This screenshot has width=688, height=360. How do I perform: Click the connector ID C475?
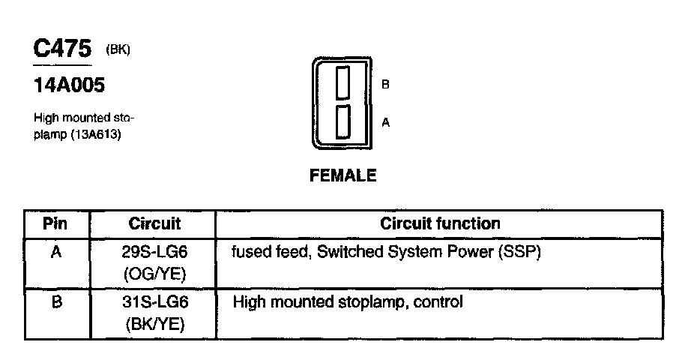click(62, 49)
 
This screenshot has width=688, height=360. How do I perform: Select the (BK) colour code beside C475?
click(118, 51)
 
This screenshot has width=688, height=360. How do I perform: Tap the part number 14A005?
click(69, 86)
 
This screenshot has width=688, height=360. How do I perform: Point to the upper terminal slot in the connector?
click(343, 82)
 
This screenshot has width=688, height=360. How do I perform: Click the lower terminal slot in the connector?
click(343, 121)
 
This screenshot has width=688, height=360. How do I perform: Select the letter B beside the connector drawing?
click(385, 85)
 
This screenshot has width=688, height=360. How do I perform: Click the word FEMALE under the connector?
click(343, 177)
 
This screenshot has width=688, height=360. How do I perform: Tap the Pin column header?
click(55, 223)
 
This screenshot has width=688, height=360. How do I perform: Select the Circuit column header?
click(154, 223)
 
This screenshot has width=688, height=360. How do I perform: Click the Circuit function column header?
click(440, 223)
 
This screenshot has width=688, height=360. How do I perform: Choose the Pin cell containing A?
click(55, 253)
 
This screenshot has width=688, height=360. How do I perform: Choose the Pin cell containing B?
click(55, 303)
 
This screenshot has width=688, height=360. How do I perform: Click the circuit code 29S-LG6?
click(154, 253)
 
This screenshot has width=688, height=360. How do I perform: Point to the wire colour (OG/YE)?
click(154, 274)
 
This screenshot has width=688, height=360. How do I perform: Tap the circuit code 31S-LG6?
click(154, 303)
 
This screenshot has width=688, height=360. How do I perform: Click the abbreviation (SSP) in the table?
click(518, 253)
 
